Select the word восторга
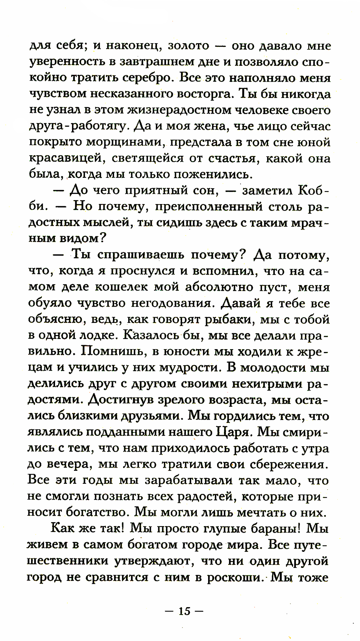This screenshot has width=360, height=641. click(206, 94)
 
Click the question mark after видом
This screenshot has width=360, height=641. click(103, 238)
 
